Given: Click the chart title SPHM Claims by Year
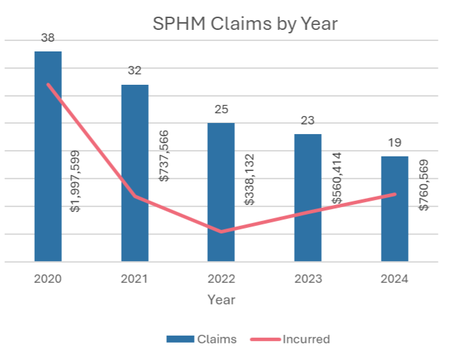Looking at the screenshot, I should click(245, 24).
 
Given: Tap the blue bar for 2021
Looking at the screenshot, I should click(135, 173).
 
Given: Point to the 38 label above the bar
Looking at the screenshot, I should click(48, 38).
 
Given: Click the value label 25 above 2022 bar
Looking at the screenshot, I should click(222, 110).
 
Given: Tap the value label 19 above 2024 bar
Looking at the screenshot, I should click(394, 143).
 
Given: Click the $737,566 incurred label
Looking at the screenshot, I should click(163, 156).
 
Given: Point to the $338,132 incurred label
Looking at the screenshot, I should click(250, 179).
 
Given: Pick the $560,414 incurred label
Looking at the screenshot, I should click(336, 178).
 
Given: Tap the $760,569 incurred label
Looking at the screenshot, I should click(423, 185).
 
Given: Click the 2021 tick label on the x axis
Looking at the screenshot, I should click(135, 279).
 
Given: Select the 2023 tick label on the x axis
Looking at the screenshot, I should click(308, 279).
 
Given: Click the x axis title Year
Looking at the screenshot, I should click(221, 300).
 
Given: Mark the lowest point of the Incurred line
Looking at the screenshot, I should click(222, 231).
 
